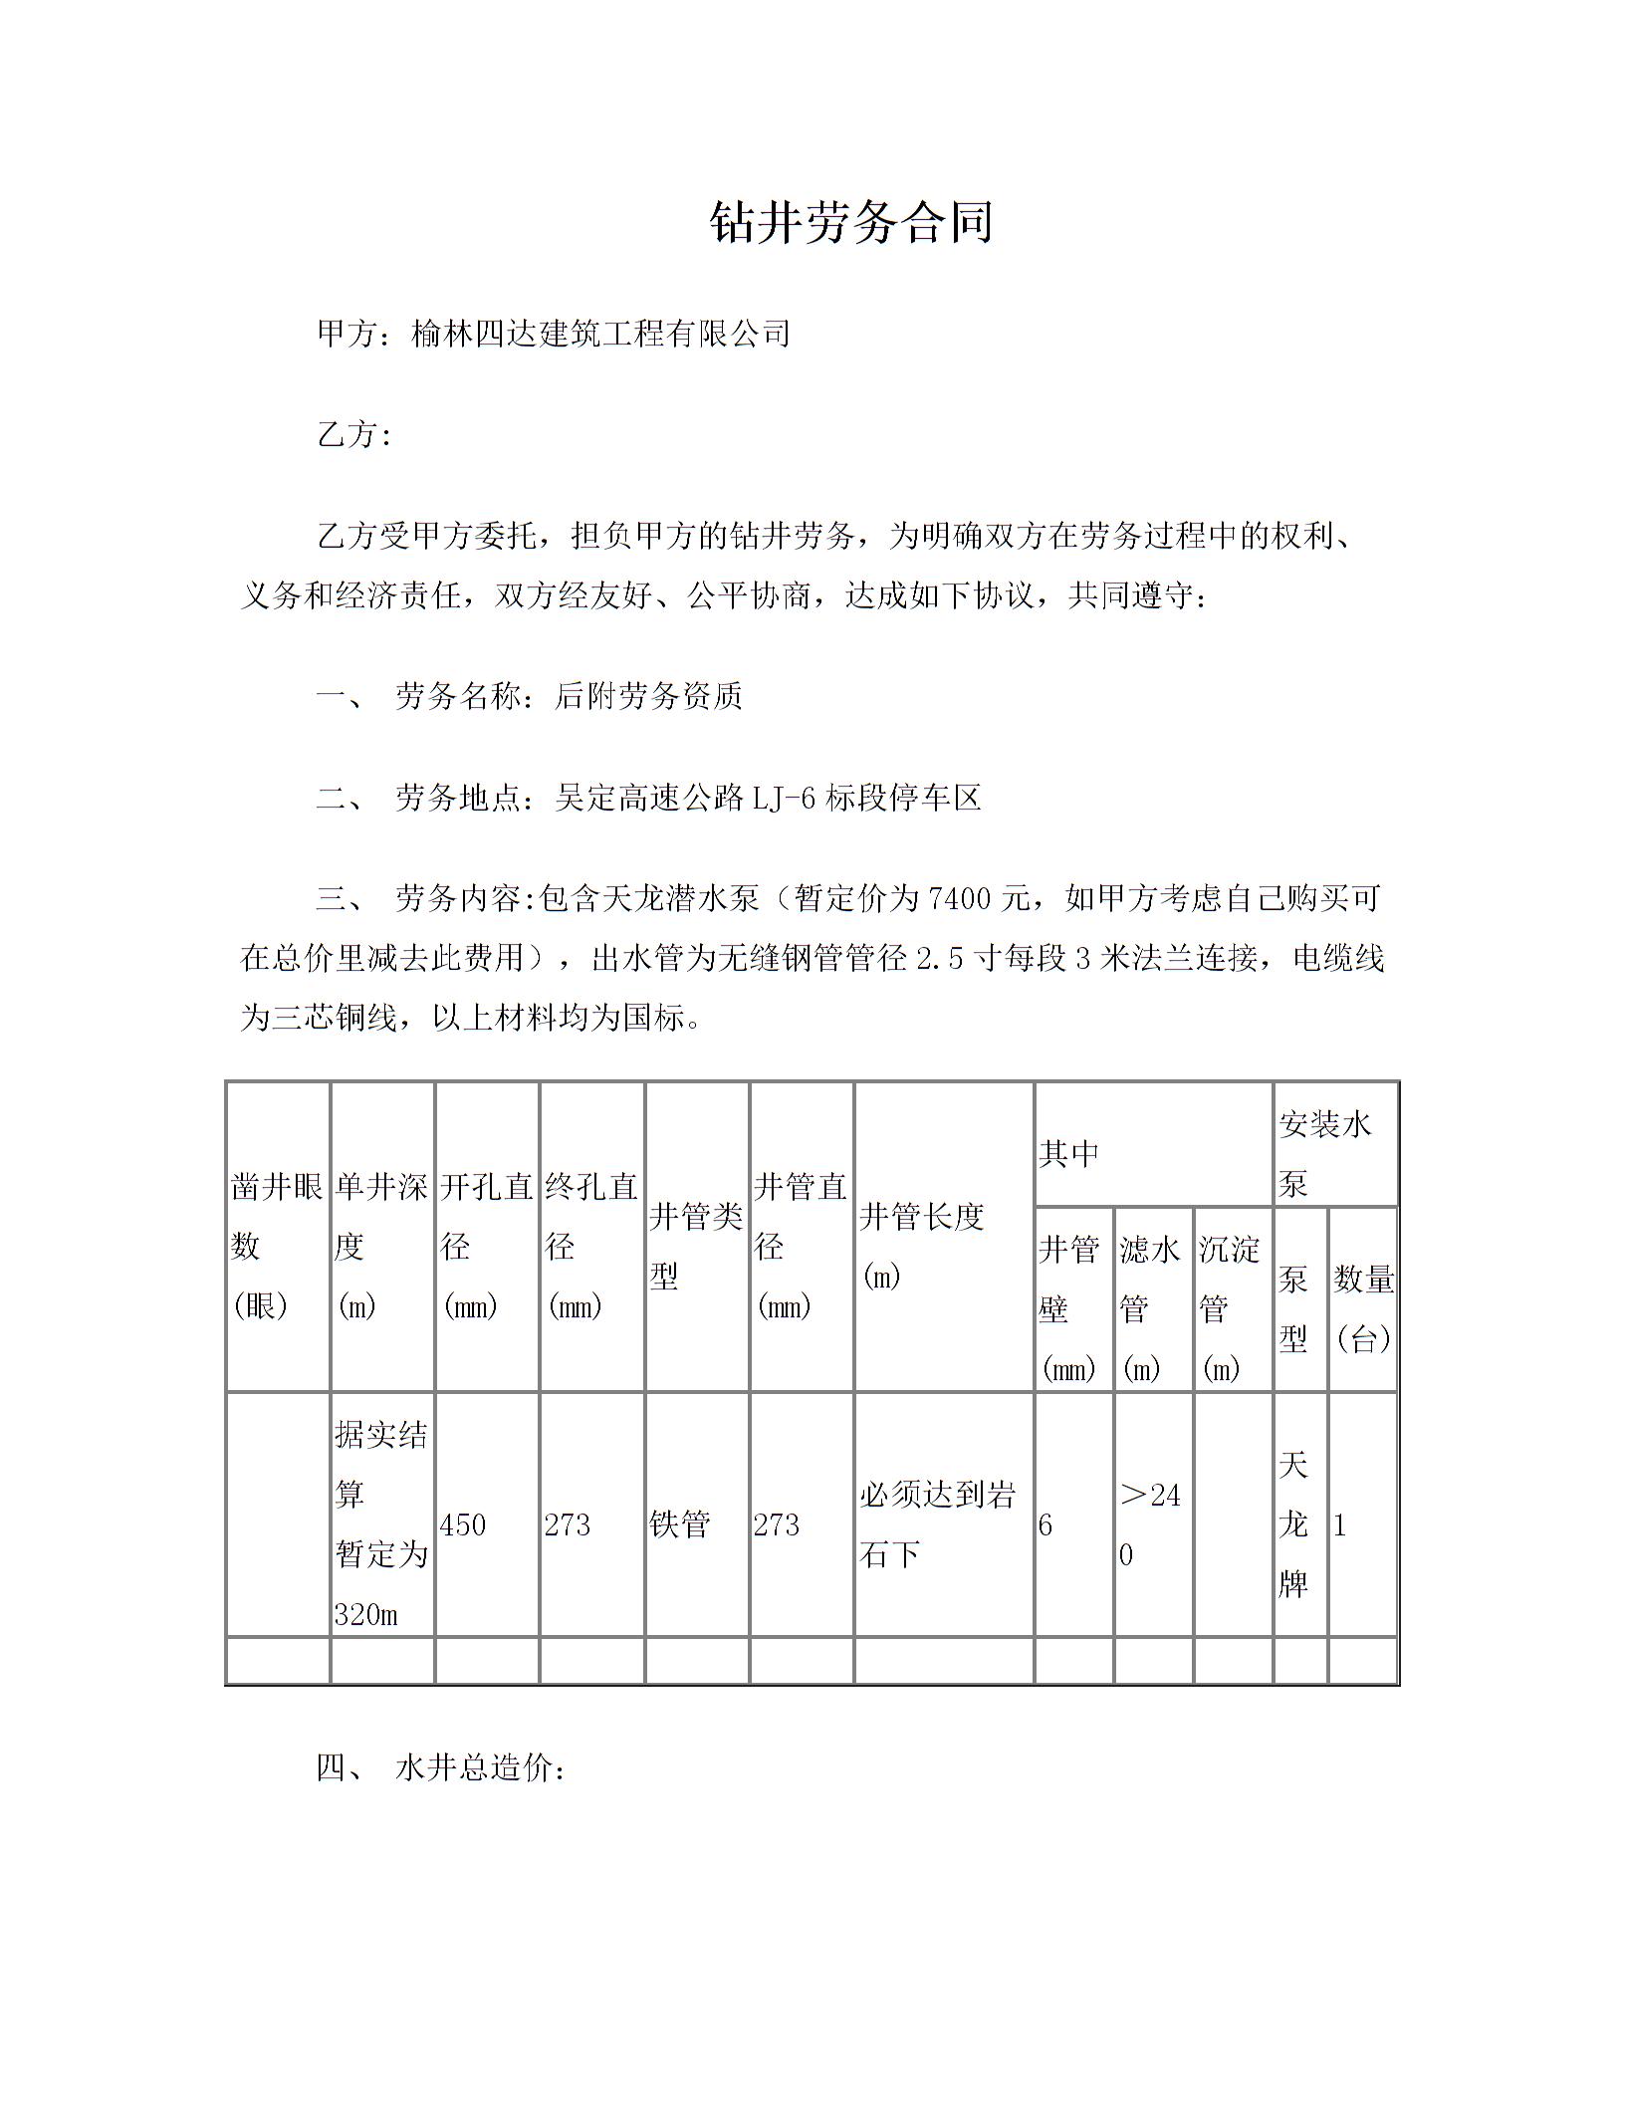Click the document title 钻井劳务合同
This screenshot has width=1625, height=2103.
coord(851,222)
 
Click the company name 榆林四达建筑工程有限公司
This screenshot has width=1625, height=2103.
coord(600,334)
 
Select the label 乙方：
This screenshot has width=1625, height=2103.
coord(354,435)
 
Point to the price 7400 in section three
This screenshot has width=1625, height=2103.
coord(960,899)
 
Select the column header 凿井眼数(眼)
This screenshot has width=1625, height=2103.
coord(277,1246)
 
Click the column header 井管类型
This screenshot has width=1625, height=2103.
coord(696,1246)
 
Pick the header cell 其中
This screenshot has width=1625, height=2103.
coord(1069,1153)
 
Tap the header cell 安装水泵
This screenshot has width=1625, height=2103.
coord(1325,1153)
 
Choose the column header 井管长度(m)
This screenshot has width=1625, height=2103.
coord(922,1246)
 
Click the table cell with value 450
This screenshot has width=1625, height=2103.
coord(463,1524)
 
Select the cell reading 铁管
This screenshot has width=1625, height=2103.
coord(680,1524)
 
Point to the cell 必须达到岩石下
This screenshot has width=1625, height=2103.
coord(937,1524)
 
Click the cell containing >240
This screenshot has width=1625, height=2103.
coord(1151,1524)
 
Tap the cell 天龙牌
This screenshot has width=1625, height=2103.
coord(1292,1524)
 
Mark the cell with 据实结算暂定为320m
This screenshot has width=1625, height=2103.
coord(381,1524)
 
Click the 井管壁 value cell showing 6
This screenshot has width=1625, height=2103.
coord(1045,1524)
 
